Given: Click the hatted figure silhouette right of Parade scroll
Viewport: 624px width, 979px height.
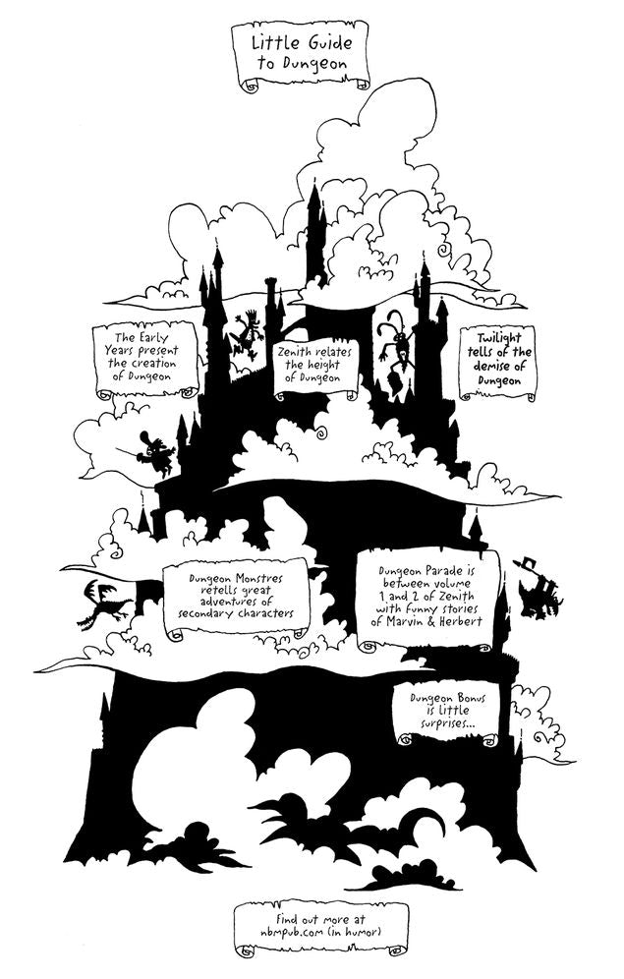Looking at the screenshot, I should (x=538, y=589).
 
